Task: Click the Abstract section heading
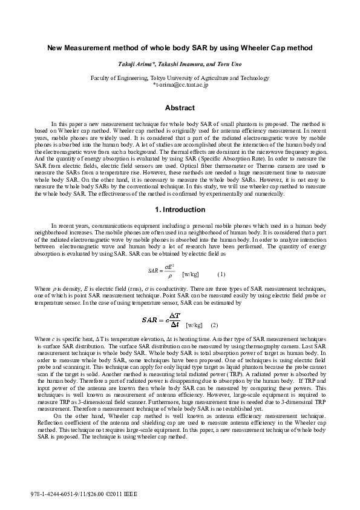pos(180,108)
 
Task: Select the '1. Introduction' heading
pos(180,210)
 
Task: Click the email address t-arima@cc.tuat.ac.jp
pos(181,86)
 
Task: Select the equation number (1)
pos(221,274)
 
